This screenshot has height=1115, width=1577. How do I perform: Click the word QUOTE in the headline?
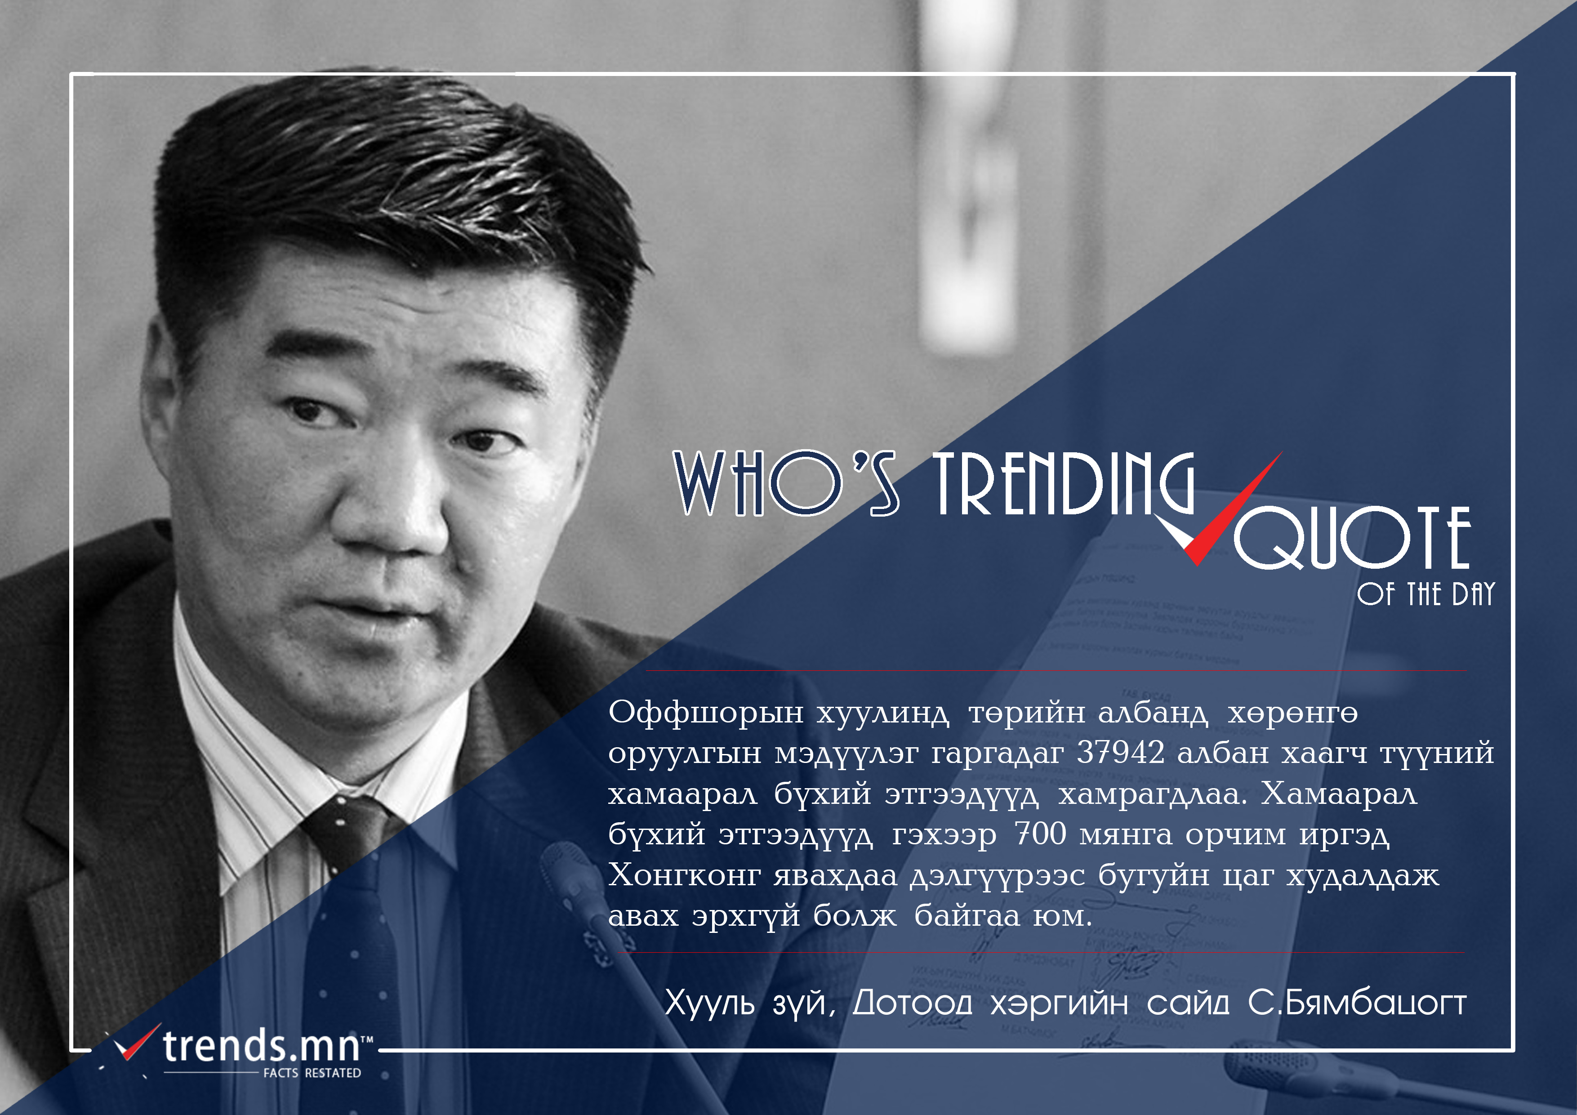(1352, 538)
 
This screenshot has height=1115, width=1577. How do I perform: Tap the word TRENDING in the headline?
(1063, 484)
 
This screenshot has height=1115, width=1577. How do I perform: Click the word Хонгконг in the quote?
(684, 874)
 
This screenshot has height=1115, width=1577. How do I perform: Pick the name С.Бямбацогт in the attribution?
(1357, 1003)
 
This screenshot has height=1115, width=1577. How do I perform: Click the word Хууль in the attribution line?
(709, 1003)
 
